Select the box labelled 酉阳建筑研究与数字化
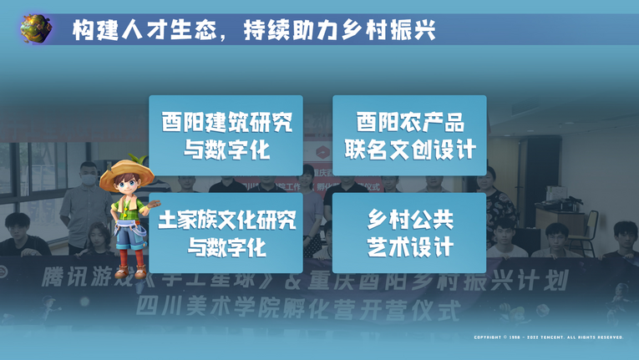pos(226,135)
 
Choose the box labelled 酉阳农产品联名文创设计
pos(409,135)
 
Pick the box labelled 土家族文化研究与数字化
pos(226,233)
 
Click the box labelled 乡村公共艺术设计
pos(409,233)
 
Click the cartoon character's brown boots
pos(125,269)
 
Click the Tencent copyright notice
pos(548,337)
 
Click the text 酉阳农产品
pos(409,122)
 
